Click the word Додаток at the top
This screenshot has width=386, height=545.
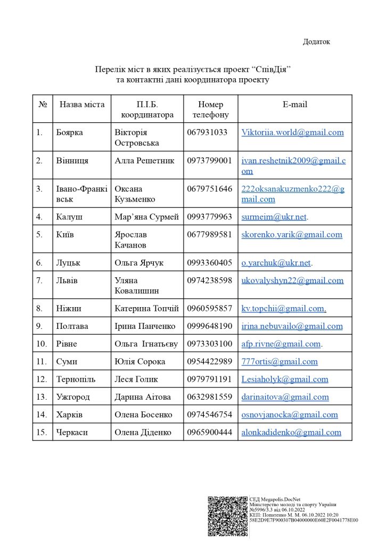point(316,42)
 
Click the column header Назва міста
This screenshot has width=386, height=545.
point(82,104)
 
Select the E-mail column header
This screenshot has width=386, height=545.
point(294,104)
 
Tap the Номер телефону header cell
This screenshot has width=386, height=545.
point(210,109)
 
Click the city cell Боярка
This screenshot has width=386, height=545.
point(69,133)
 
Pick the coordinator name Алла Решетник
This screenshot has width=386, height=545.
point(144,161)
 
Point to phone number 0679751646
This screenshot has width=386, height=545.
point(210,189)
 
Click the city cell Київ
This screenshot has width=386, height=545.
point(65,235)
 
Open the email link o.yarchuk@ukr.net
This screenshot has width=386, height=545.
point(276,263)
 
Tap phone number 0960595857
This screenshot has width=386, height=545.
point(210,309)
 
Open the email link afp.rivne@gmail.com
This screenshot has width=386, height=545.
point(281,344)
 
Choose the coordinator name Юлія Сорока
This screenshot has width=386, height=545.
point(139,362)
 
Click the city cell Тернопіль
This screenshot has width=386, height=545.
point(76,379)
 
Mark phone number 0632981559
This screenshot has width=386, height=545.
point(210,397)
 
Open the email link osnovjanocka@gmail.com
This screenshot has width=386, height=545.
point(289,415)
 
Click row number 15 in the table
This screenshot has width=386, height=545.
point(42,432)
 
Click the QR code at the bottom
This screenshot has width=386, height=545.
point(227,515)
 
